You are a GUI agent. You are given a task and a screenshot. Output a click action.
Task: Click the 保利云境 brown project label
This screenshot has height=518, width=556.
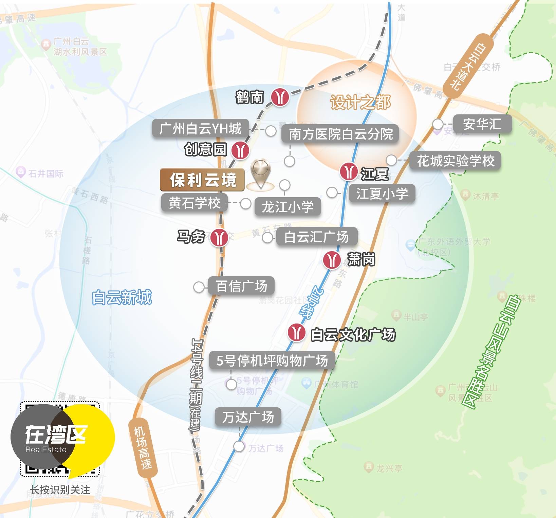(202, 180)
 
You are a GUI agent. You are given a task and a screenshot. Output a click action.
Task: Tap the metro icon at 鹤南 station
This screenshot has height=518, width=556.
(280, 97)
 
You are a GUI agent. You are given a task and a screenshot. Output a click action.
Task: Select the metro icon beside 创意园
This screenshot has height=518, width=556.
(240, 150)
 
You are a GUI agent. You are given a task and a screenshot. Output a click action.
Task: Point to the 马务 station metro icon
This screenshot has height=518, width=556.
(219, 237)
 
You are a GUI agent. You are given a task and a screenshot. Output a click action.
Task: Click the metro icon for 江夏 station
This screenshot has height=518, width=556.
(349, 172)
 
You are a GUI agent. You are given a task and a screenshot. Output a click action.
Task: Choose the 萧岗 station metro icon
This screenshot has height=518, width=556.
(332, 260)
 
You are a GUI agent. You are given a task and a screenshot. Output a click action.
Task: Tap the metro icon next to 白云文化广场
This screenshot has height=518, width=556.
(296, 333)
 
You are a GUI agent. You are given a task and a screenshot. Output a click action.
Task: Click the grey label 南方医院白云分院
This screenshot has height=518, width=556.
(340, 134)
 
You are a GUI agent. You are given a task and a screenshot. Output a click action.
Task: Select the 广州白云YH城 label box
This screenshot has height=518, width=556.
(200, 129)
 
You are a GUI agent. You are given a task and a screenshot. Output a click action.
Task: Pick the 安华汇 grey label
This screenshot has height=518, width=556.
(482, 124)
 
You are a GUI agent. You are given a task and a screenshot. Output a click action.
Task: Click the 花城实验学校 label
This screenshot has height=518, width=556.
(455, 161)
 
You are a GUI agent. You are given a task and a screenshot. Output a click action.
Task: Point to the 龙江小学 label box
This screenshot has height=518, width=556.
(288, 207)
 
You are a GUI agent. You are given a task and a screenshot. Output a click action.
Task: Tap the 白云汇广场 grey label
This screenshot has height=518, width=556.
(316, 237)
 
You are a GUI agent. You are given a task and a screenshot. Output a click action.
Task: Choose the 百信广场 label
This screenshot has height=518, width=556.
(241, 286)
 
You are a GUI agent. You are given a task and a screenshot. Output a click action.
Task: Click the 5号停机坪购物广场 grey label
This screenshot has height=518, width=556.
(272, 360)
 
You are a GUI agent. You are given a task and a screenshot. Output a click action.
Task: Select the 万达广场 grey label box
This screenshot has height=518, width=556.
(248, 417)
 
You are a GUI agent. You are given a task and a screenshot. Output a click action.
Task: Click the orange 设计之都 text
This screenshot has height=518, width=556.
(360, 102)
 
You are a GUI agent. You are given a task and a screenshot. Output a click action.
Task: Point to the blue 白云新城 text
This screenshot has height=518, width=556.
(122, 297)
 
